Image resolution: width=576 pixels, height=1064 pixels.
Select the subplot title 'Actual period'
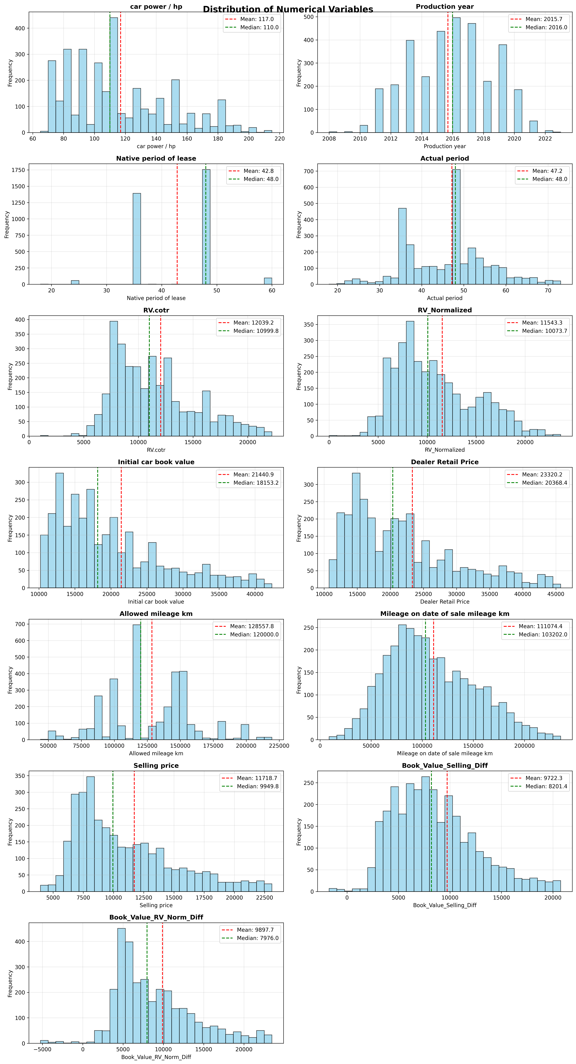pyautogui.click(x=445, y=159)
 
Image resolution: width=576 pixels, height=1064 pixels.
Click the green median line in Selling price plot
pyautogui.click(x=113, y=830)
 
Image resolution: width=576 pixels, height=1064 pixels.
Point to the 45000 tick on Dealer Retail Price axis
pyautogui.click(x=556, y=594)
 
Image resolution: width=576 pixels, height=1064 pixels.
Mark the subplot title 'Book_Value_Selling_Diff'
pyautogui.click(x=445, y=765)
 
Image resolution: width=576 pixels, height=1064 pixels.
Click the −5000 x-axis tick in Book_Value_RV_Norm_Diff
pyautogui.click(x=43, y=1050)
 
